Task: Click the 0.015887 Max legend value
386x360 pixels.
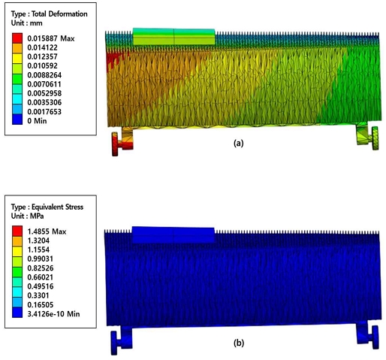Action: (51, 38)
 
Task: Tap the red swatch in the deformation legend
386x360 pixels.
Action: (17, 38)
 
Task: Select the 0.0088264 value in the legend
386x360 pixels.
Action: (44, 75)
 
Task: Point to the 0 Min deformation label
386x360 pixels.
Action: (37, 121)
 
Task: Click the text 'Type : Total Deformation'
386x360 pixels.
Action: (49, 14)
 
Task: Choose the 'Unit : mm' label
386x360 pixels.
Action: (27, 23)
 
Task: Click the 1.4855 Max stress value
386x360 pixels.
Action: (47, 231)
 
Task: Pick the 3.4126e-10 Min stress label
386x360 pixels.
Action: (53, 313)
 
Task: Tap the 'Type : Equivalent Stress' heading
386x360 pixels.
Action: (47, 207)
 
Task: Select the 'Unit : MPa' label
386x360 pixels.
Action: (27, 216)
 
